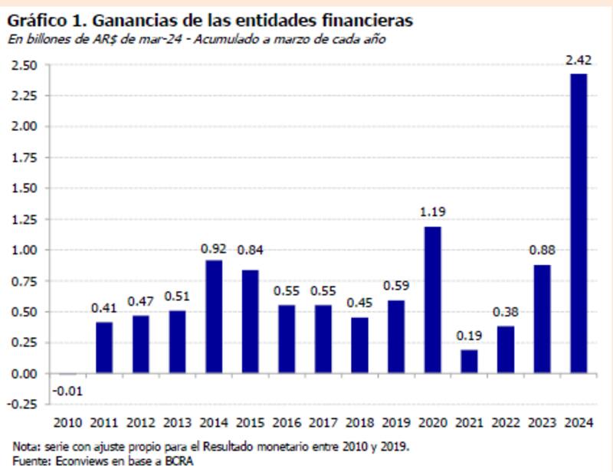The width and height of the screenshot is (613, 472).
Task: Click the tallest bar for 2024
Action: tap(579, 224)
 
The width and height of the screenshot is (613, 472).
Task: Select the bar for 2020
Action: tap(432, 300)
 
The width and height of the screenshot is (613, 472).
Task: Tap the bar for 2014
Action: tap(214, 316)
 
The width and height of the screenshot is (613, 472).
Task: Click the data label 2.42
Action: tap(578, 59)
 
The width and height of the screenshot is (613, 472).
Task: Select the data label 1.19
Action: tap(432, 212)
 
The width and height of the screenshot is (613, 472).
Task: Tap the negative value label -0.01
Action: tap(67, 391)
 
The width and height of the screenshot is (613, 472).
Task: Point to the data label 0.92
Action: tap(214, 247)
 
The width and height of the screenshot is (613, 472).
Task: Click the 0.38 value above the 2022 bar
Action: tap(506, 312)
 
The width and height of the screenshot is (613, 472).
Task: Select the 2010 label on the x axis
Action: tap(67, 424)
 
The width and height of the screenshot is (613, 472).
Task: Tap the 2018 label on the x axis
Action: tap(359, 424)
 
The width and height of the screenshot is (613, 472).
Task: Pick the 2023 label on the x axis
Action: tap(542, 424)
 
